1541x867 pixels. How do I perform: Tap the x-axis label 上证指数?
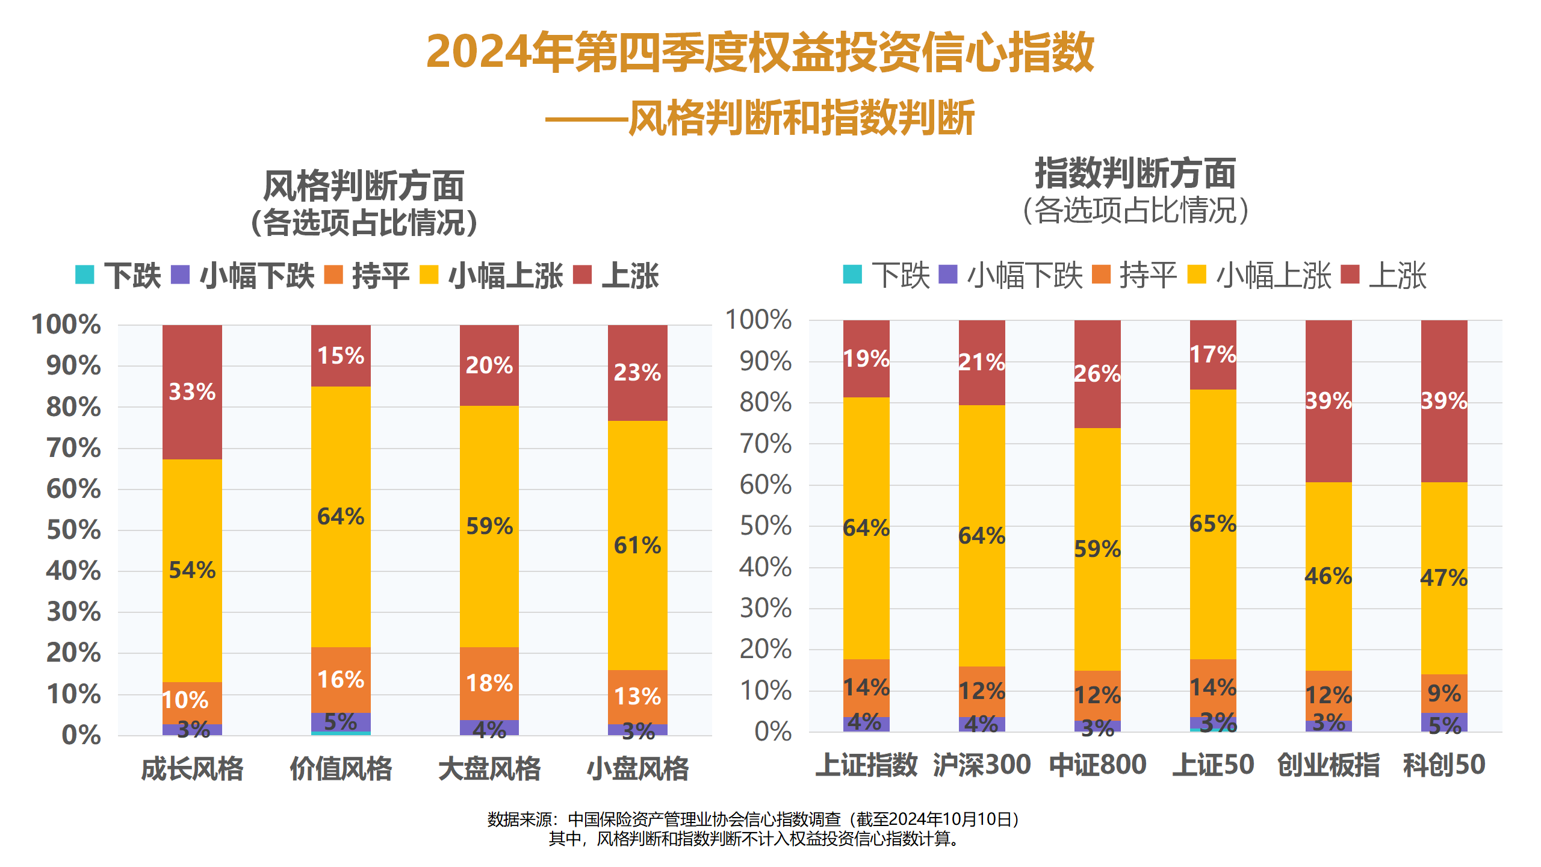tap(866, 765)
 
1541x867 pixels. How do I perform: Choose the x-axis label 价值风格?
tap(341, 769)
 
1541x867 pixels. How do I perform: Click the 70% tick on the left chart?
tap(74, 448)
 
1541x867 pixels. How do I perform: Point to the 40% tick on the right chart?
tap(765, 567)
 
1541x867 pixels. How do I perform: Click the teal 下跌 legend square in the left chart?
tap(84, 275)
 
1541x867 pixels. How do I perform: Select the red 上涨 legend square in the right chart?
tap(1350, 274)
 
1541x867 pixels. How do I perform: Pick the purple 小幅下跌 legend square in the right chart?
tap(948, 274)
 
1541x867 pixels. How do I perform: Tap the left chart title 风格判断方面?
tap(364, 186)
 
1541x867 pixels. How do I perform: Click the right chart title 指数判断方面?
tap(1135, 173)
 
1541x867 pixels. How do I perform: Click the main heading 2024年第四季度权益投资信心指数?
tap(760, 52)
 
